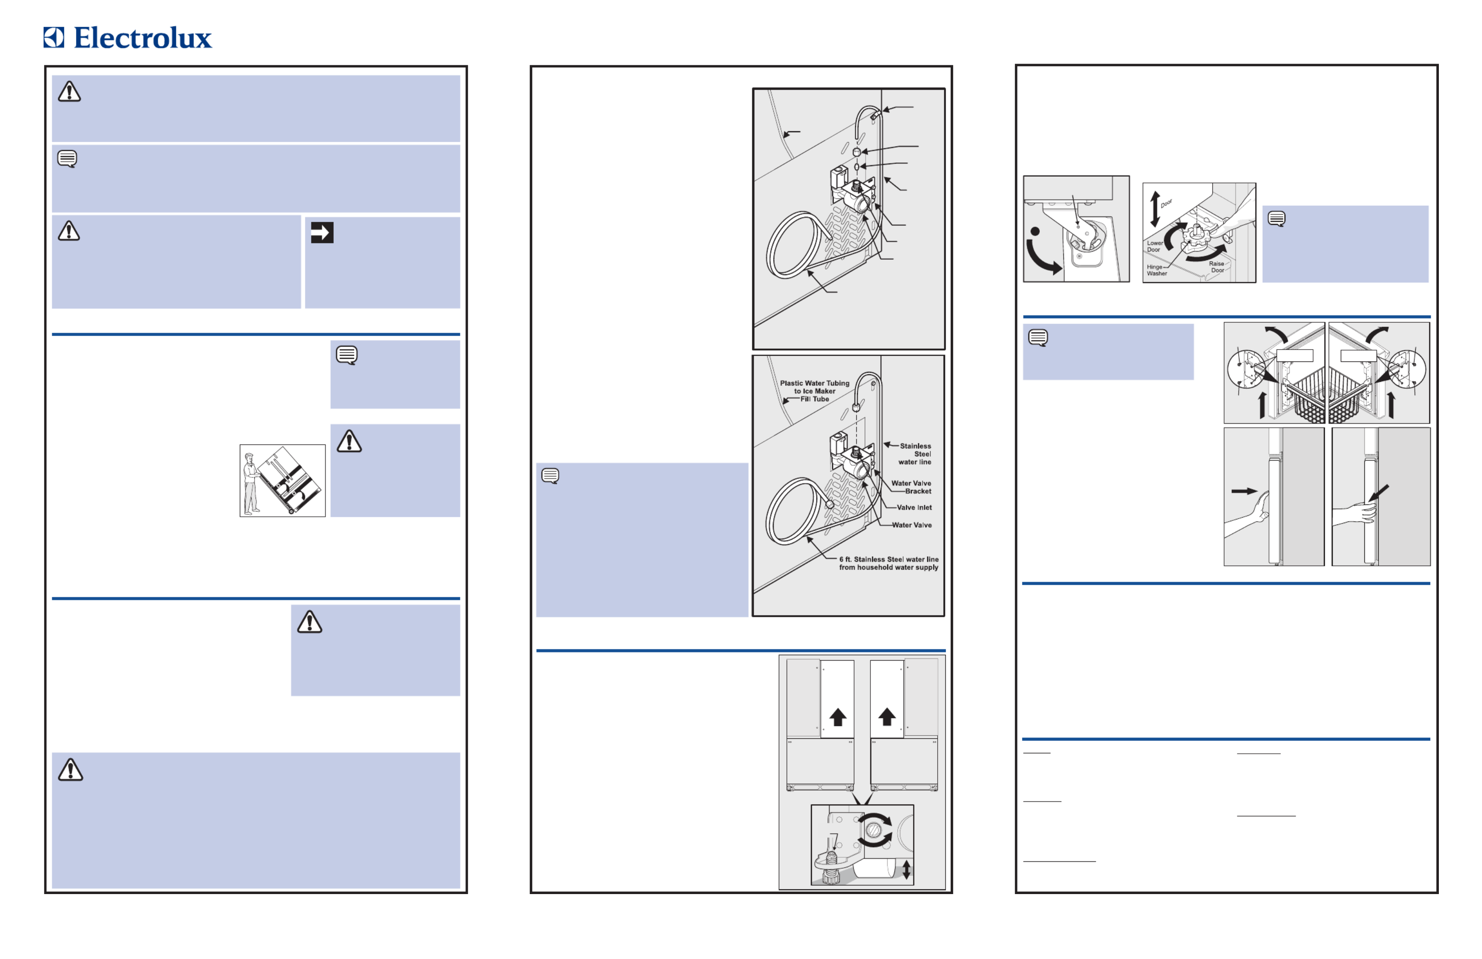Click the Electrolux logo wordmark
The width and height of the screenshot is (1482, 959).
(143, 38)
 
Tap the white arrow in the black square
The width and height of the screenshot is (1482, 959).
(322, 233)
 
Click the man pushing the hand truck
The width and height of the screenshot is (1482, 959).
(251, 484)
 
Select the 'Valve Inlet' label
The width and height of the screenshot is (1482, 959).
(914, 508)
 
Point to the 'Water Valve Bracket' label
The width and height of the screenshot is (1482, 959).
(911, 487)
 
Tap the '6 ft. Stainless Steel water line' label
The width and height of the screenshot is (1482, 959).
(889, 559)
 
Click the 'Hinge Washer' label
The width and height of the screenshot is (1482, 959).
(1157, 270)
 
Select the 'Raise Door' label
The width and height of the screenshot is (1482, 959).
(1217, 267)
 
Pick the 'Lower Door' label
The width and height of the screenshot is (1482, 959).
(1155, 247)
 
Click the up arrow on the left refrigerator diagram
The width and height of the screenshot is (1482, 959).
(838, 717)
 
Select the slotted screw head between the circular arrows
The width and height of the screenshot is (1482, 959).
(874, 830)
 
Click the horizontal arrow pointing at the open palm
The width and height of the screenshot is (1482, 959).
(1244, 491)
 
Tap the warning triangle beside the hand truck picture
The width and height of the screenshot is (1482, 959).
(349, 441)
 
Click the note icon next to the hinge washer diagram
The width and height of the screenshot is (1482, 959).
(1276, 218)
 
